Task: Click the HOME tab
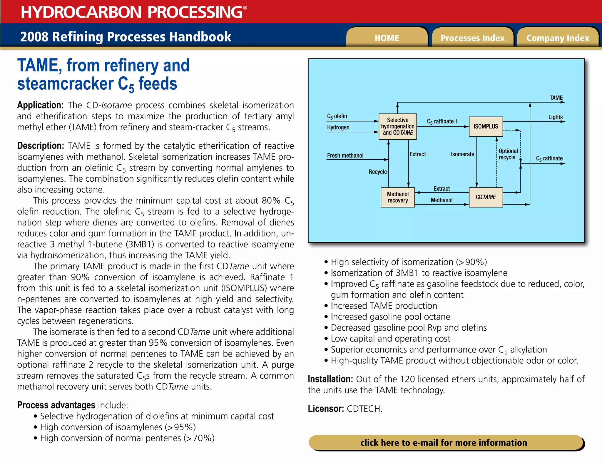click(x=387, y=38)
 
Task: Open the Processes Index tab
click(x=472, y=38)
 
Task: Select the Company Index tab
click(x=558, y=38)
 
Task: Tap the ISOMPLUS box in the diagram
click(x=486, y=126)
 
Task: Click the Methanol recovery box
click(x=397, y=197)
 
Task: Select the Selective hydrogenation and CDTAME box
click(x=397, y=126)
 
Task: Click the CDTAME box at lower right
click(x=486, y=197)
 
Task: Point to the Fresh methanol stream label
click(x=345, y=155)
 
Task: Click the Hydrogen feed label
click(x=338, y=127)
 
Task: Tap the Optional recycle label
click(x=508, y=154)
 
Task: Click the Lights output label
click(x=555, y=117)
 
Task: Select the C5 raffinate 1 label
click(x=442, y=121)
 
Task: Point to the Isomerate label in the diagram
click(x=462, y=154)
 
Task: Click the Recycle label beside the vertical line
click(x=378, y=172)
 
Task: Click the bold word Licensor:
click(x=326, y=409)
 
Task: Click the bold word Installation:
click(x=330, y=379)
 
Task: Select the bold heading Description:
click(x=40, y=146)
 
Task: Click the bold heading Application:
click(x=40, y=105)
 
